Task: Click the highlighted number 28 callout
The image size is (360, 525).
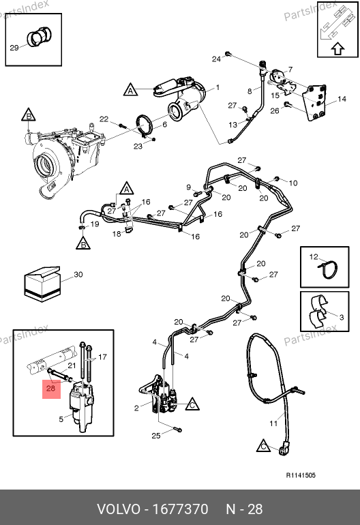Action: [x=51, y=389]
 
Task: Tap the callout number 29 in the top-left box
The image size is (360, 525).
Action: [x=14, y=48]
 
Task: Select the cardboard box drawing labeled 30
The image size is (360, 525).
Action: [x=42, y=284]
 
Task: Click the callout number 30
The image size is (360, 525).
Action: [x=78, y=275]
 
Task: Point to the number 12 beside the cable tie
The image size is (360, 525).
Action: [x=314, y=257]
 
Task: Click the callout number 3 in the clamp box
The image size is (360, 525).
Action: [x=342, y=317]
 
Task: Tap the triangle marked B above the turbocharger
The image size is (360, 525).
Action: [x=29, y=115]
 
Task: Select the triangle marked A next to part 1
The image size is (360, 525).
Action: [x=131, y=90]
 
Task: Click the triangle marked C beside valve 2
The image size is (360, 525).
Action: [x=192, y=404]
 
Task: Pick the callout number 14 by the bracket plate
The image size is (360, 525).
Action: [x=342, y=99]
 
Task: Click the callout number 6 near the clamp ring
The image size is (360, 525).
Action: [x=164, y=125]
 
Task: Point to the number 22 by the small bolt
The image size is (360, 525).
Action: [x=104, y=119]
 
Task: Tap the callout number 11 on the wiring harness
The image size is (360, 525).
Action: [x=273, y=423]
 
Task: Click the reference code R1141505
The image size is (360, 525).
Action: [x=301, y=475]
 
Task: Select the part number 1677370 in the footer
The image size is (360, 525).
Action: [x=180, y=509]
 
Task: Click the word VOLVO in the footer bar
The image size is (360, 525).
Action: [x=119, y=509]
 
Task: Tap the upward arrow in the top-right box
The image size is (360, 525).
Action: [x=338, y=48]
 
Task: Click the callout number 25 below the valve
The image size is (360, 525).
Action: [x=156, y=436]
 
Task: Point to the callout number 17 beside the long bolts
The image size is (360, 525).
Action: [x=102, y=357]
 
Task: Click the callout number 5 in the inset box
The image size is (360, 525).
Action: [x=61, y=419]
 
